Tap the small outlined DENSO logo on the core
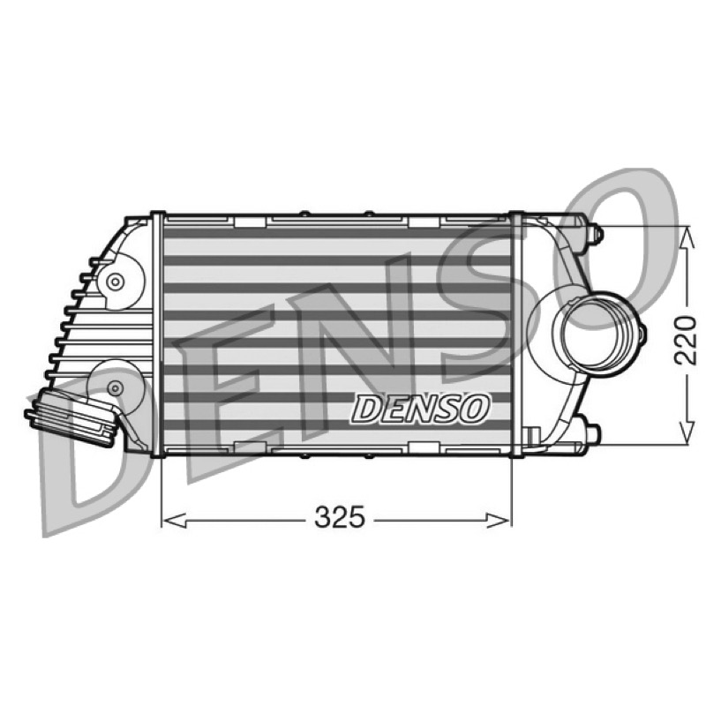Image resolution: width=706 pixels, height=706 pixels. pos(420,409)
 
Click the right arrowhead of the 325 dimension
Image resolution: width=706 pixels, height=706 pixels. pos(499,521)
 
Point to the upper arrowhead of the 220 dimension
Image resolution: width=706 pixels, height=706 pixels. pos(686,238)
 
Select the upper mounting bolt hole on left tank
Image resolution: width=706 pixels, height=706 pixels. pos(116,282)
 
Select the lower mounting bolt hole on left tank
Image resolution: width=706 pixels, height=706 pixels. pos(116,387)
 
